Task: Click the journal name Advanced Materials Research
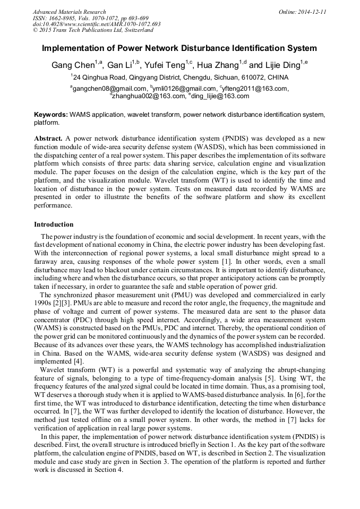pos(70,12)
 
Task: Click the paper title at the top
pos(179,48)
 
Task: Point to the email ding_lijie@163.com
pos(220,96)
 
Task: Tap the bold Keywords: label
pos(51,115)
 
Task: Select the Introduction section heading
pos(54,225)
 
